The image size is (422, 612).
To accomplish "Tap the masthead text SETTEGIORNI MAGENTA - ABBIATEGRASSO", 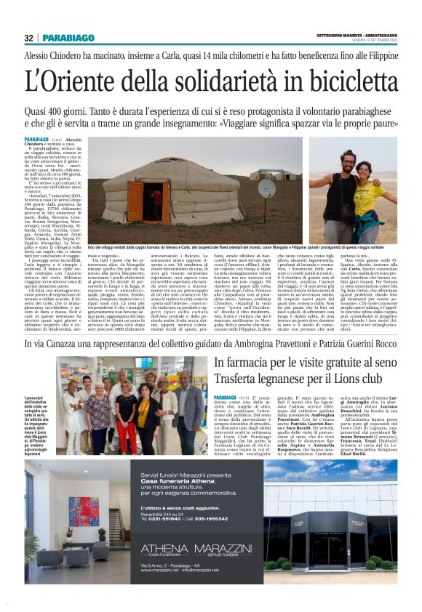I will pyautogui.click(x=356, y=35).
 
